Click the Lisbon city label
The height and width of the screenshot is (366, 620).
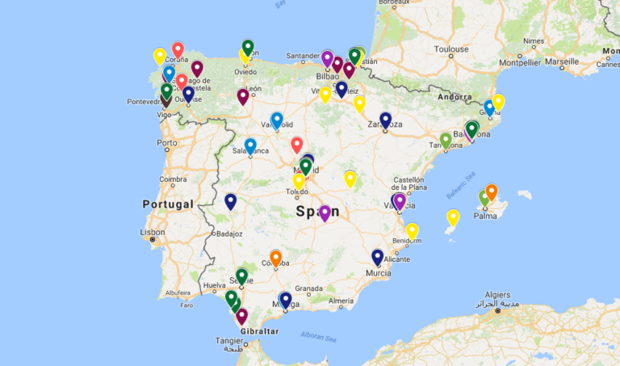pyautogui.click(x=153, y=232)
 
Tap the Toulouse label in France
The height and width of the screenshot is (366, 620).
pyautogui.click(x=450, y=49)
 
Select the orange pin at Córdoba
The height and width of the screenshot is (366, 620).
pyautogui.click(x=275, y=258)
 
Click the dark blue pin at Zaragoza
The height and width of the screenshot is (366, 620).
pyautogui.click(x=385, y=120)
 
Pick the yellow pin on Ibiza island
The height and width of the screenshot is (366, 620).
pyautogui.click(x=453, y=217)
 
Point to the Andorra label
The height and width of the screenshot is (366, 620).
pyautogui.click(x=455, y=97)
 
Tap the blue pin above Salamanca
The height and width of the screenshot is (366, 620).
pyautogui.click(x=250, y=146)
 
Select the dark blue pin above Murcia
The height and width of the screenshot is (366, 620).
pyautogui.click(x=377, y=257)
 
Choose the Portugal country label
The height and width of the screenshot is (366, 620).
pyautogui.click(x=167, y=204)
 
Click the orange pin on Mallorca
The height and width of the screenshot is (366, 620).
pyautogui.click(x=491, y=191)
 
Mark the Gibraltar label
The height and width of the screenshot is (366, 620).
pyautogui.click(x=259, y=331)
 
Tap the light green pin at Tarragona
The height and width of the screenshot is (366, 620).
pyautogui.click(x=446, y=140)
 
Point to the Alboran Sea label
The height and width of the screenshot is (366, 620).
pyautogui.click(x=318, y=334)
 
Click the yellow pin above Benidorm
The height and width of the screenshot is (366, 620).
pyautogui.click(x=412, y=231)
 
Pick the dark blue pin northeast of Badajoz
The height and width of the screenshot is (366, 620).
pyautogui.click(x=231, y=201)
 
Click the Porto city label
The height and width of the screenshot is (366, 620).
pyautogui.click(x=167, y=144)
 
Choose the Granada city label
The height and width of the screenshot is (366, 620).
pyautogui.click(x=309, y=288)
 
